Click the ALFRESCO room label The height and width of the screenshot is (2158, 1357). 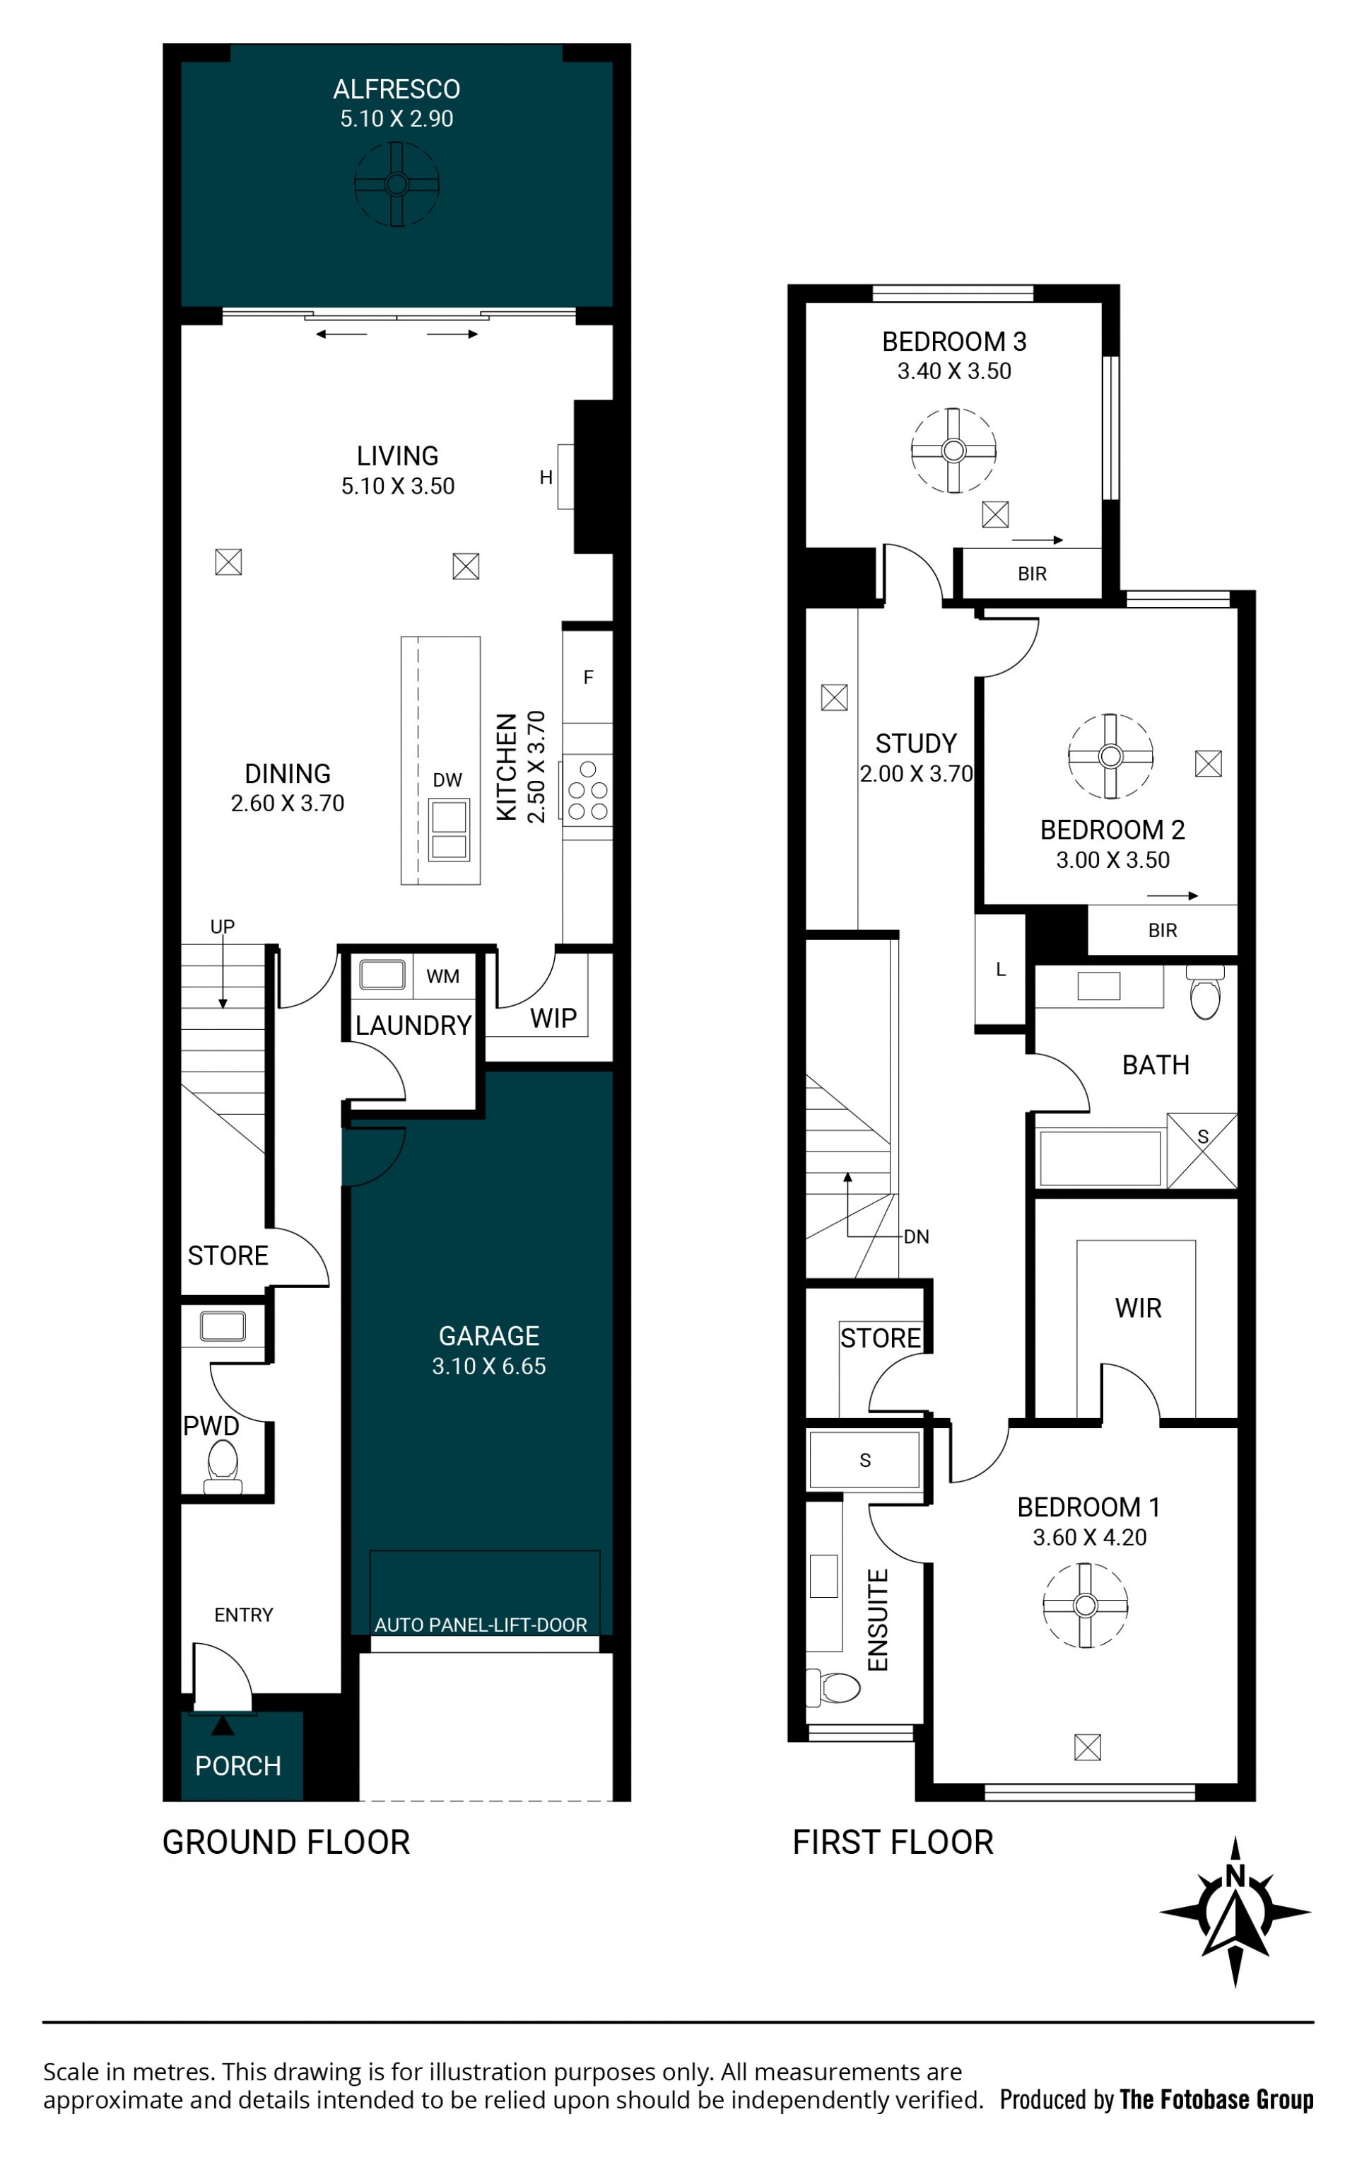tap(396, 90)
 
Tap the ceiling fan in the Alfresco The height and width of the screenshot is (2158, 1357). tap(396, 185)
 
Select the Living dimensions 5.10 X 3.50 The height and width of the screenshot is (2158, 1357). tap(398, 486)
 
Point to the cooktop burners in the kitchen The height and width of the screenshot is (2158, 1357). tap(587, 791)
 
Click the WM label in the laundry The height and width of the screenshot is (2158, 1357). tap(442, 976)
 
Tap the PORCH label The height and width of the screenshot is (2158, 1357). tap(237, 1765)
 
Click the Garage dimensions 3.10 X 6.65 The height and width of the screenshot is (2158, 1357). tap(488, 1366)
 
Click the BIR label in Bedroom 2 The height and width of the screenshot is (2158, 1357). tap(1162, 930)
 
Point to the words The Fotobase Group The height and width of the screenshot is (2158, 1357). tap(1216, 2100)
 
